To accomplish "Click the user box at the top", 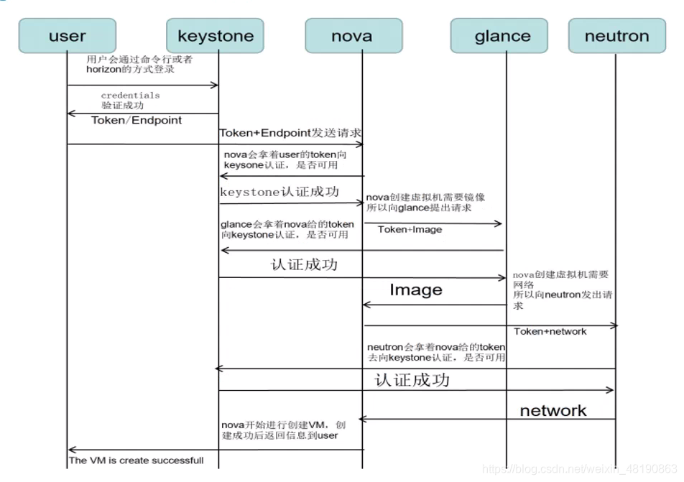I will click(67, 35).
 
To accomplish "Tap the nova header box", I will click(351, 35).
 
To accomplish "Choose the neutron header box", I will click(616, 35).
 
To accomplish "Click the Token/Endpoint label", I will click(137, 120).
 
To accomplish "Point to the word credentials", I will click(130, 95).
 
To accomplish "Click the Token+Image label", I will click(410, 229).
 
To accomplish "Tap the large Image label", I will click(415, 290).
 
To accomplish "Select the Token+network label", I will click(550, 331).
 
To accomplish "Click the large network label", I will click(553, 410).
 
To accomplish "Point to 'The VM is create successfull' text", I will click(136, 460).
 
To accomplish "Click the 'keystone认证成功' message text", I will click(279, 193).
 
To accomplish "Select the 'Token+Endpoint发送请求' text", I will click(290, 133).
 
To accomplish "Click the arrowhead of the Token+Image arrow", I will click(499, 223).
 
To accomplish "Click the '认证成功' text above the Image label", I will click(304, 264).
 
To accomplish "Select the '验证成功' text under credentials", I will click(117, 106).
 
